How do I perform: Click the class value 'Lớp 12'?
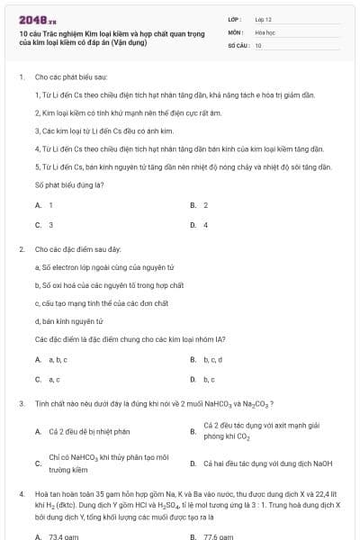pyautogui.click(x=264, y=17)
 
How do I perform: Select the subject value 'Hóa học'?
pyautogui.click(x=265, y=31)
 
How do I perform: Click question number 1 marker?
pyautogui.click(x=21, y=78)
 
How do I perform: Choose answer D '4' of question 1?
pyautogui.click(x=205, y=224)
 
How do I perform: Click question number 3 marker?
pyautogui.click(x=21, y=403)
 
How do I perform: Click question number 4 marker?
pyautogui.click(x=21, y=493)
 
